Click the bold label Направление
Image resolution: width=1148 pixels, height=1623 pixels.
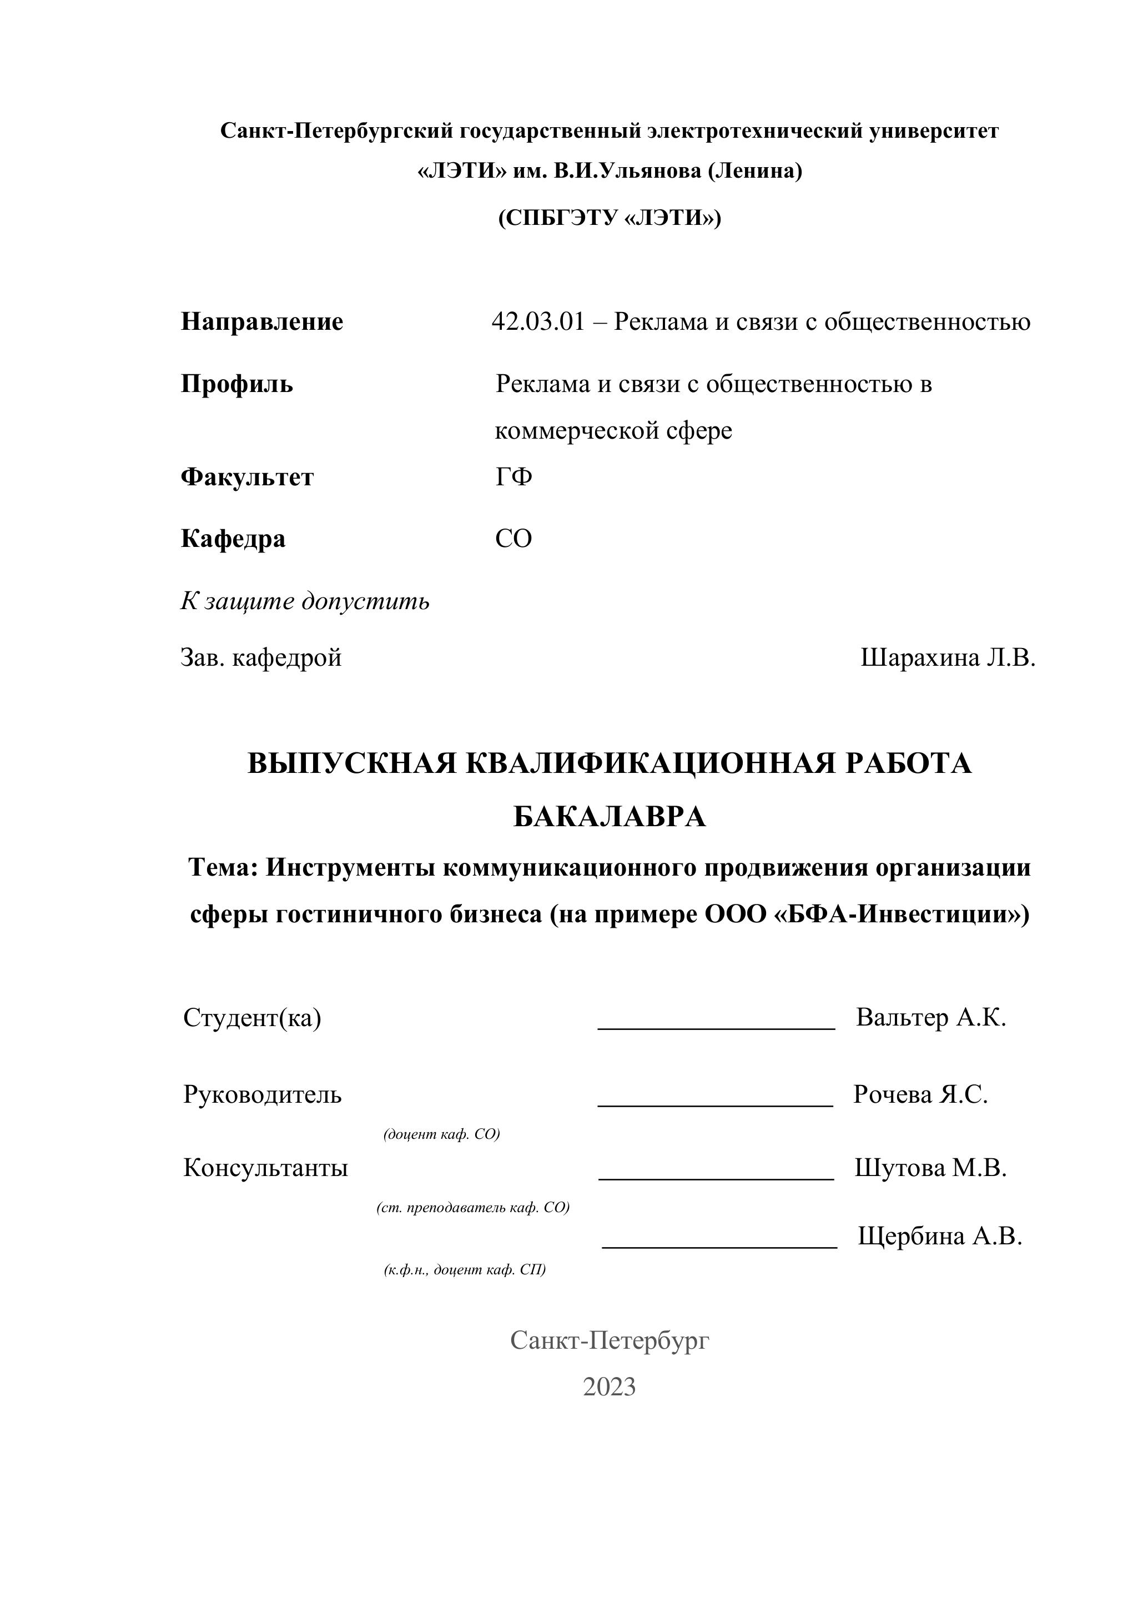coord(261,323)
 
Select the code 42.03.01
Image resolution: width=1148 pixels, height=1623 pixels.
coord(538,323)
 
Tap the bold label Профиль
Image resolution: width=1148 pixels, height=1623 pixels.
coord(237,385)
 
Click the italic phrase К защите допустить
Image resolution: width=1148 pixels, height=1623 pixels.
coord(305,601)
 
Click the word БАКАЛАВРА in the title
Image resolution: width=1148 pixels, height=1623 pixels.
coord(610,817)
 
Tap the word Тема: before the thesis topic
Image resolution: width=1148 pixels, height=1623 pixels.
coord(223,868)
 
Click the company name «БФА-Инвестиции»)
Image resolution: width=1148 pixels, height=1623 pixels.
coord(902,914)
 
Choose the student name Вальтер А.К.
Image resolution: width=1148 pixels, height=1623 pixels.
coord(930,1018)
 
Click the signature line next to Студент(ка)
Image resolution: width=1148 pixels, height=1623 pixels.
coord(716,1028)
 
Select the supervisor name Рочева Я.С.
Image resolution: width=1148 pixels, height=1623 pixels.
coord(920,1094)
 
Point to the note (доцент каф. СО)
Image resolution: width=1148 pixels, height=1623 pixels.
coord(441,1134)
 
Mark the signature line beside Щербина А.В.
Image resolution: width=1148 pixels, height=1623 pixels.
coord(719,1247)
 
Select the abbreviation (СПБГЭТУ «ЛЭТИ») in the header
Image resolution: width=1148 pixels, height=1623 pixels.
coord(610,218)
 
